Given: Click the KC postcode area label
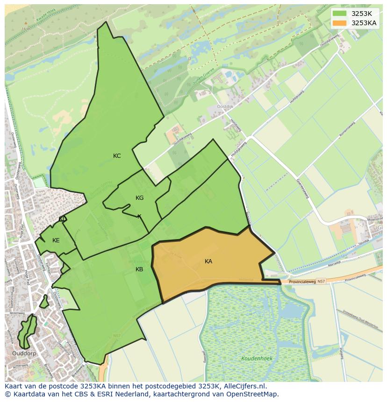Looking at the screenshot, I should [x=117, y=156].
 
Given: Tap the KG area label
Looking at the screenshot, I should [x=139, y=198].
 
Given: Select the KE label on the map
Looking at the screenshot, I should [x=56, y=240].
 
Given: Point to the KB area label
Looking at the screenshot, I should [x=139, y=269].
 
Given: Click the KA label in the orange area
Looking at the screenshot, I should [x=208, y=261].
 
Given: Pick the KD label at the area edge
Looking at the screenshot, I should [x=63, y=219].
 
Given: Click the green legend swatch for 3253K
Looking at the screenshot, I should [x=340, y=14].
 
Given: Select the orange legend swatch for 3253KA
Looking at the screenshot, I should [x=340, y=23].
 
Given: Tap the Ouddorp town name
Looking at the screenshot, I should [x=25, y=353].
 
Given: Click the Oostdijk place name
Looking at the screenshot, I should [x=225, y=106].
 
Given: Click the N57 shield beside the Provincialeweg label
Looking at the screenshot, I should [x=321, y=282].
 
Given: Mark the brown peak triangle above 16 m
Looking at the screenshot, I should [x=26, y=22].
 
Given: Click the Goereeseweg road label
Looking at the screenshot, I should [x=302, y=189].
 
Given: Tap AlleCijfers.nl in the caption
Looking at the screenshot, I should [x=245, y=386].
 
